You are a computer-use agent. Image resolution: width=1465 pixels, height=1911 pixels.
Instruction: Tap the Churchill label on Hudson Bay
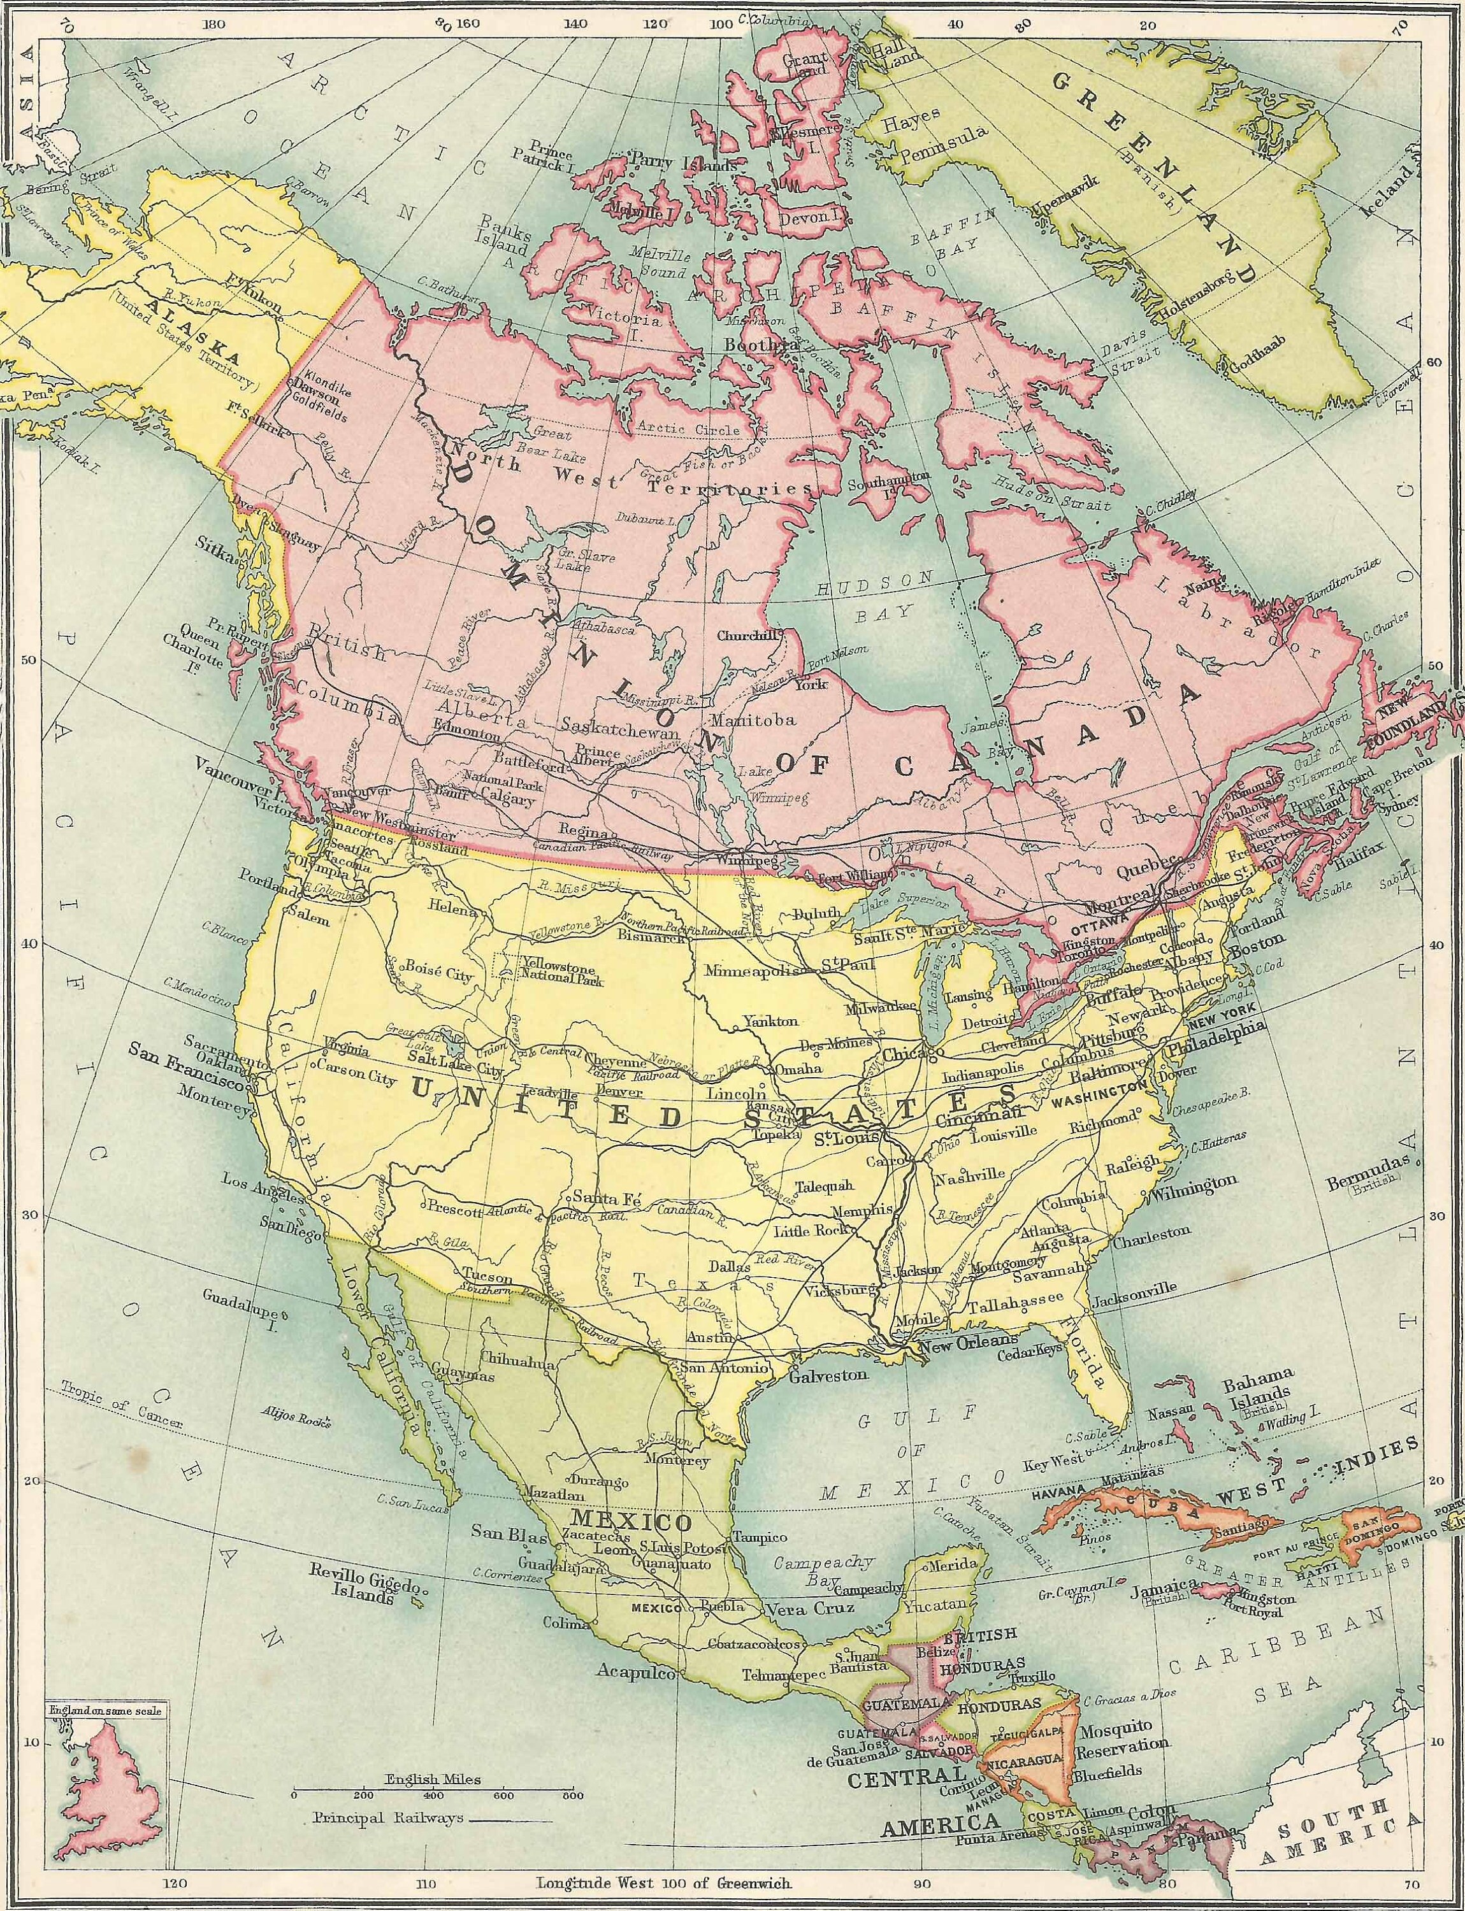tap(747, 636)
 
